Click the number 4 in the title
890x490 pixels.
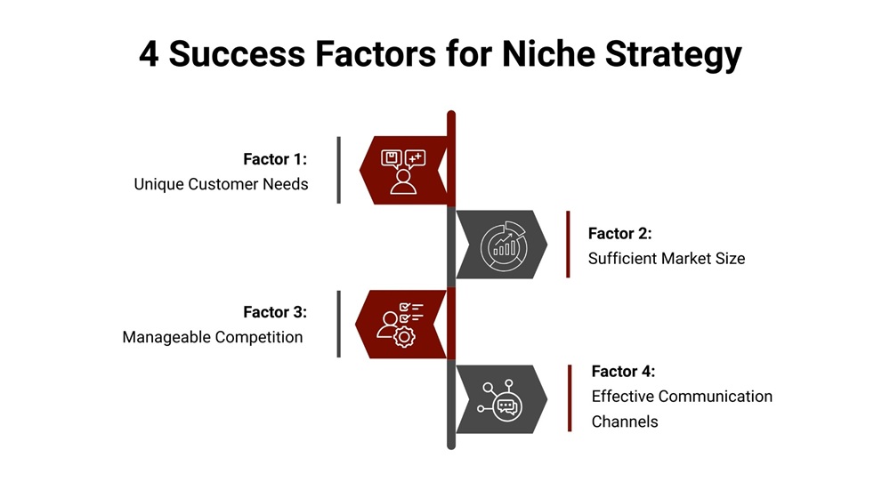point(150,55)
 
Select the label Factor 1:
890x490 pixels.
point(275,159)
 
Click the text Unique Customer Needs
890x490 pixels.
point(221,184)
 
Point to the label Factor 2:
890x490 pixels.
point(620,233)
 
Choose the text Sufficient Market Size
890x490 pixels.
point(667,259)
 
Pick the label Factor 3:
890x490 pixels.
point(275,312)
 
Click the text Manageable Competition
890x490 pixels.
point(213,337)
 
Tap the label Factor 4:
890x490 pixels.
point(624,371)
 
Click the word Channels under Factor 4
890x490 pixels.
point(625,421)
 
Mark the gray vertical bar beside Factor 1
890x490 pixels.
point(339,170)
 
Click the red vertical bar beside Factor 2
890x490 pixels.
point(568,245)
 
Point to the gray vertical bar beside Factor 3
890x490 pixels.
point(339,324)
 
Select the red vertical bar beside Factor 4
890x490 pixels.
point(570,398)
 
